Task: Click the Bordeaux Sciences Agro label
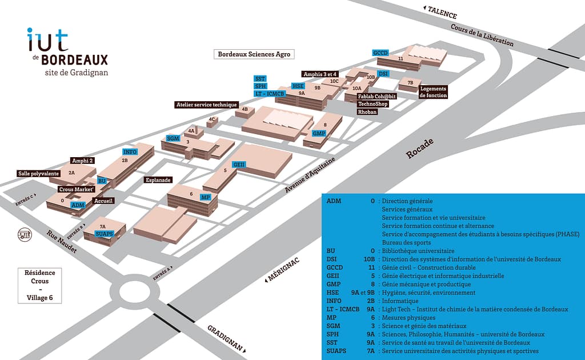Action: coord(254,54)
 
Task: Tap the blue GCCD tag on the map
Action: coord(380,53)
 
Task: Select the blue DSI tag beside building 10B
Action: coord(383,74)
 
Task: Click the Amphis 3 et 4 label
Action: coord(320,74)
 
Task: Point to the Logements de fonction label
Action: coord(433,92)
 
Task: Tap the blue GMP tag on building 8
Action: coord(318,133)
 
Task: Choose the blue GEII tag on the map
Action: coord(239,165)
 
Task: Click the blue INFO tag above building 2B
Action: coord(130,152)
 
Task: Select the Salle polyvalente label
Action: coord(39,174)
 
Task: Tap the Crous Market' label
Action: coord(76,189)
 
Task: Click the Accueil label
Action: coord(103,201)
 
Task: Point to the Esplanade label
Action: coord(158,180)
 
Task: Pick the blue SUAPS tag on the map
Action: coord(104,234)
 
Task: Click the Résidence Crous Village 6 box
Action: coord(40,285)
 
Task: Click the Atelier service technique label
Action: coord(206,105)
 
